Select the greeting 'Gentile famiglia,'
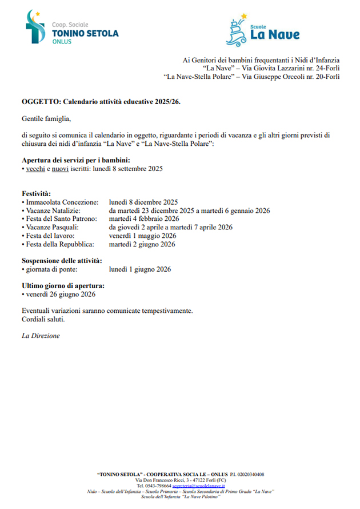click(46, 119)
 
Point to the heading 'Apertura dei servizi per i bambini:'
click(75, 160)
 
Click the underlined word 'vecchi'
click(35, 169)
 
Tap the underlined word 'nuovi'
click(60, 169)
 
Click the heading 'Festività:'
click(37, 194)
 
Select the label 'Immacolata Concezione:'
click(62, 202)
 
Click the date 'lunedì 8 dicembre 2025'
click(143, 202)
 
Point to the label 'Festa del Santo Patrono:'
click(62, 219)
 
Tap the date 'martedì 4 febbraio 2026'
click(144, 219)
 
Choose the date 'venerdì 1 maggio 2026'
click(142, 236)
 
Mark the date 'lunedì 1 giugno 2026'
click(139, 269)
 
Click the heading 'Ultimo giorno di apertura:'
click(63, 286)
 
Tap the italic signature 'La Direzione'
click(41, 336)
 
